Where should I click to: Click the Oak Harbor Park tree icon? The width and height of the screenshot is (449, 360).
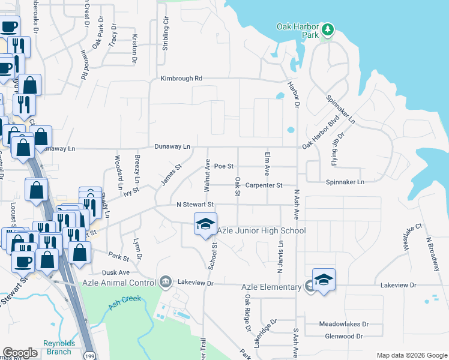click(328, 29)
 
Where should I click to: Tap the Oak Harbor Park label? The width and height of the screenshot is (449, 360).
click(297, 31)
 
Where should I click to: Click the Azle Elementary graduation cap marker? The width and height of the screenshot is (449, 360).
click(324, 280)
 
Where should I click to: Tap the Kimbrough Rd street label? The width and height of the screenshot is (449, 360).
click(181, 79)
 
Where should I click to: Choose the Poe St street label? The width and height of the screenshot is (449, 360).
click(223, 166)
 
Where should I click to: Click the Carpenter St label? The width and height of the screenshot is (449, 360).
click(264, 186)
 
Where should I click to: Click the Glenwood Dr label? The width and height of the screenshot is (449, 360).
click(343, 336)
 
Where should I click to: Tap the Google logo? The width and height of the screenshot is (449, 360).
click(20, 352)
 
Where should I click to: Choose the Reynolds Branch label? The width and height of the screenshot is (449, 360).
click(58, 347)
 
